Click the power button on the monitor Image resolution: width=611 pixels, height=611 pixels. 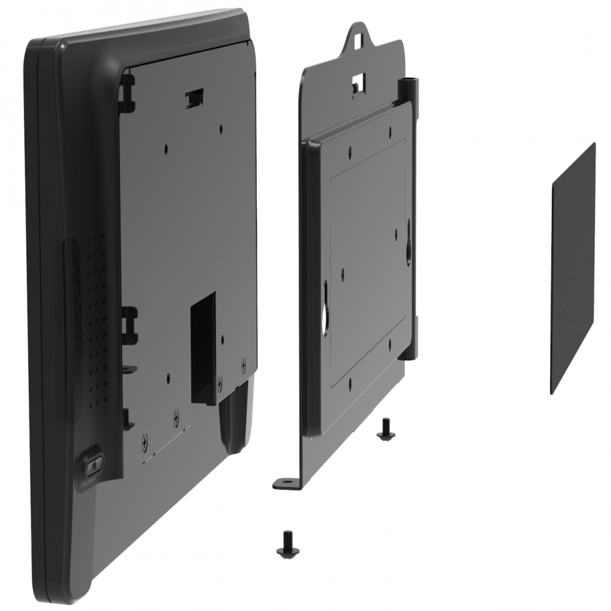(93, 466)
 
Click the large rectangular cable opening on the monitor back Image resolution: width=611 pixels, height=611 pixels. (203, 348)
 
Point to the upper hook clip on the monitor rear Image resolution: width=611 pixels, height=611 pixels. (126, 92)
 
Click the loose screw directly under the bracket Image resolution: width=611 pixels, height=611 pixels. (386, 429)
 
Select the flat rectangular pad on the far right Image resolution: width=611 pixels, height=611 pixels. (573, 269)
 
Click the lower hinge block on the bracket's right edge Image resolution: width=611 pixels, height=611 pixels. (414, 336)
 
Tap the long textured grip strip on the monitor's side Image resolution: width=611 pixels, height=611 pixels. (68, 330)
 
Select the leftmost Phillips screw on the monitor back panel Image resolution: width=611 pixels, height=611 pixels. (145, 439)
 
